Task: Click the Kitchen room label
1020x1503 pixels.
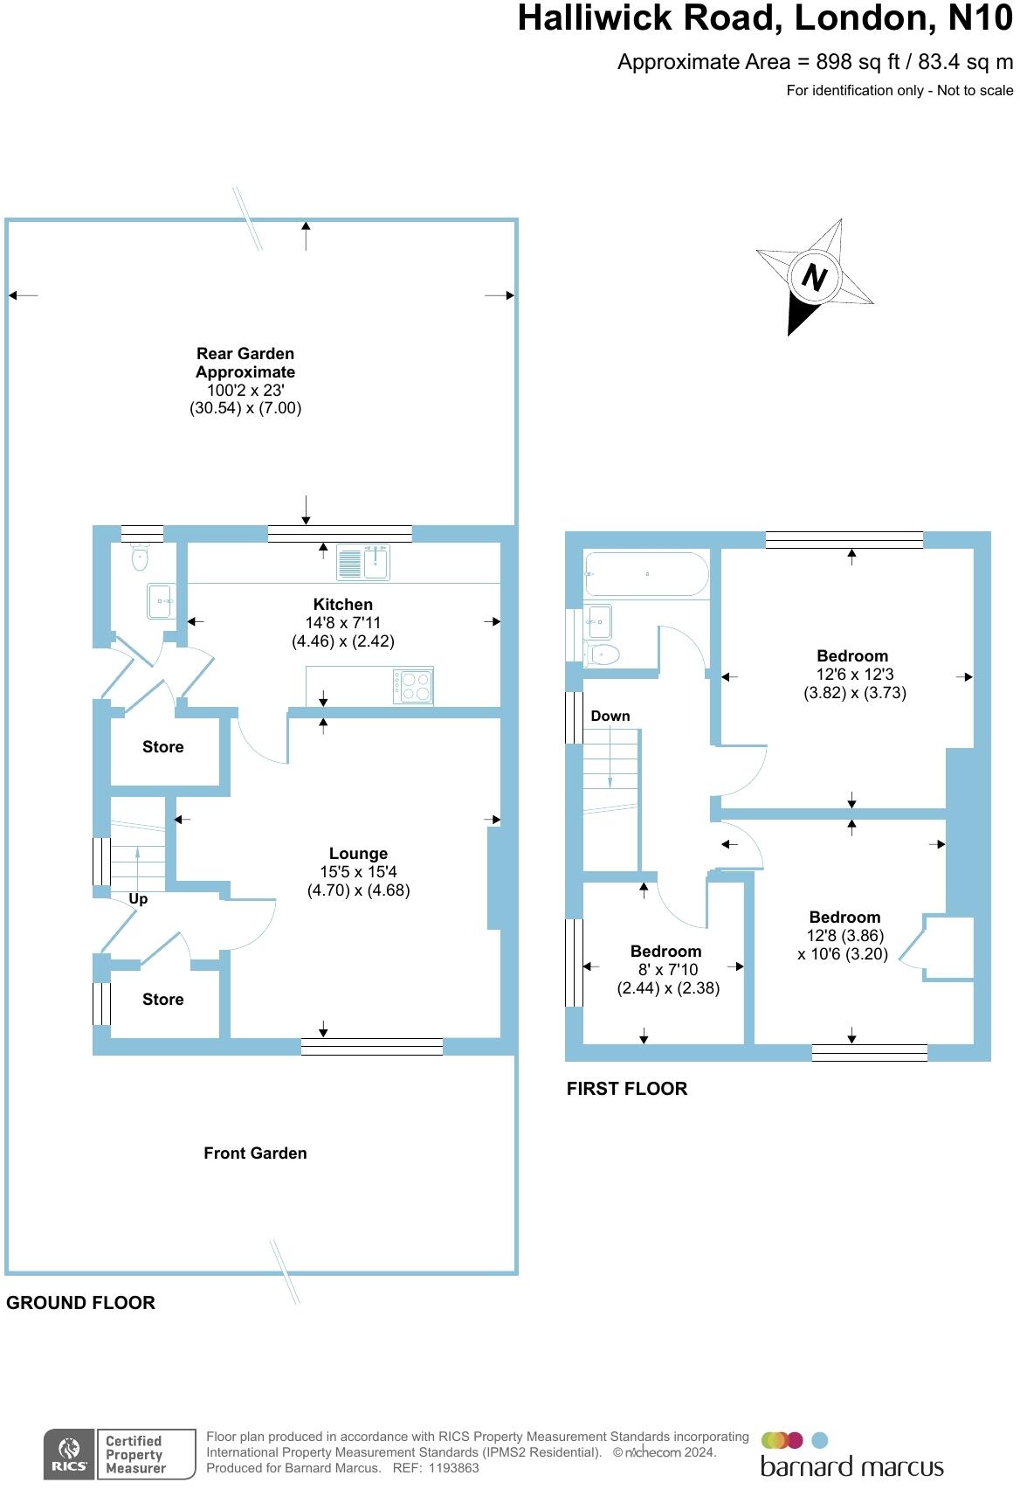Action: [x=342, y=604]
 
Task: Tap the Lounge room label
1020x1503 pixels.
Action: [x=358, y=854]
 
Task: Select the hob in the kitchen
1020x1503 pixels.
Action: [x=413, y=685]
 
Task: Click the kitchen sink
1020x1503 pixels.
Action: [x=363, y=562]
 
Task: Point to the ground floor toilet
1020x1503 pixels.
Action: [x=141, y=557]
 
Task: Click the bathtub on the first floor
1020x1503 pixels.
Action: [x=645, y=574]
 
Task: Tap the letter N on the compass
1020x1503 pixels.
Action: [x=814, y=278]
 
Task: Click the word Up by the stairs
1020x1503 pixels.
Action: [x=138, y=898]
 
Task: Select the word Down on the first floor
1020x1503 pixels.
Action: [x=610, y=716]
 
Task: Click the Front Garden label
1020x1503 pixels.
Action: [x=255, y=1153]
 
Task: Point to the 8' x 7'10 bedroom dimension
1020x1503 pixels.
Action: [x=668, y=969]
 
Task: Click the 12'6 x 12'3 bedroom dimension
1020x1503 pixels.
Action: [x=855, y=674]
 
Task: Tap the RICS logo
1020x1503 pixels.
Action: [x=69, y=1454]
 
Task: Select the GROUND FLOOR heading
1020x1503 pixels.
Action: [x=80, y=1302]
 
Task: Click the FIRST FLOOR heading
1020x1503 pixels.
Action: [x=626, y=1088]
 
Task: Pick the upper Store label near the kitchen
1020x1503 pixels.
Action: [x=163, y=746]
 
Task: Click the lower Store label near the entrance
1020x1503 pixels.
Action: [x=163, y=999]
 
